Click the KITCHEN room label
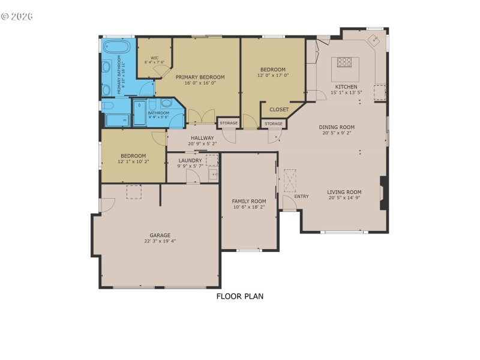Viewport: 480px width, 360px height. pos(345,86)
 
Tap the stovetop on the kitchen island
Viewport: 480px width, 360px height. pos(345,61)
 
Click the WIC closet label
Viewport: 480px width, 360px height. pos(154,58)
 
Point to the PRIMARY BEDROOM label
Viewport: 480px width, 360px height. pos(200,77)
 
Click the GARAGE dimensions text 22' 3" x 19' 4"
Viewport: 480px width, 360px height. pos(160,241)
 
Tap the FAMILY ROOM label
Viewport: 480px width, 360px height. pos(249,201)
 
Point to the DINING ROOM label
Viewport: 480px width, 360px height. pos(337,127)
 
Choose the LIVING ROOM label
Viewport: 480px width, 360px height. pos(344,192)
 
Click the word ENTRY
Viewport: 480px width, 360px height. pos(301,196)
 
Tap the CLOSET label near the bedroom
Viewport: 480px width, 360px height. pos(279,109)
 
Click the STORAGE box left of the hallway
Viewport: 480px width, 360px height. pos(229,123)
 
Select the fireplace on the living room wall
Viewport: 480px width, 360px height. pos(383,193)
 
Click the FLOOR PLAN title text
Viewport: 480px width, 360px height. pos(239,296)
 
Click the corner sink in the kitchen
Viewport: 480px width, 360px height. pos(374,41)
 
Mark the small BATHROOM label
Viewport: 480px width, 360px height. pos(158,113)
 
